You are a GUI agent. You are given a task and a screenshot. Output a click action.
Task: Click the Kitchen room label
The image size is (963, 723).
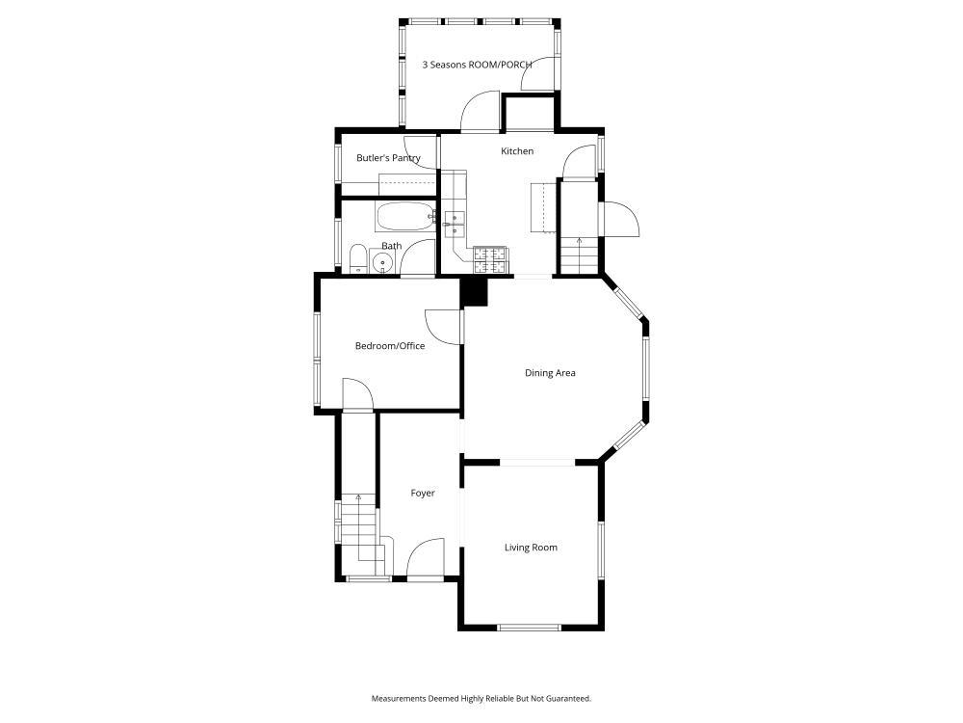[x=517, y=151]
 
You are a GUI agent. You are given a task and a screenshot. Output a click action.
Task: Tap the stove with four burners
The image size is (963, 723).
[x=491, y=258]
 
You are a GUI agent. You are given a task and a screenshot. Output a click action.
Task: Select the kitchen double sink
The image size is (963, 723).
[x=454, y=226]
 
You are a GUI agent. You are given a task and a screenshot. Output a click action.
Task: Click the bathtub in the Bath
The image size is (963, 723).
[x=403, y=216]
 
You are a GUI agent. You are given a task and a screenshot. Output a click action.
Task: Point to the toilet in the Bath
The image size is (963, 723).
[x=357, y=258]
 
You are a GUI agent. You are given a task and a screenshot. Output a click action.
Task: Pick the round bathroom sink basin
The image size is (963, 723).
[x=383, y=263]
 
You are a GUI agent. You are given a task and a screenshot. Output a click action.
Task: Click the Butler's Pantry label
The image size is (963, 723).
[x=388, y=158]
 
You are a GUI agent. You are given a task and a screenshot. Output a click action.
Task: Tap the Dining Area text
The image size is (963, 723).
[x=550, y=373]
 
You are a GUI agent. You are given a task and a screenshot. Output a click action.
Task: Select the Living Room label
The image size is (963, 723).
[x=531, y=548]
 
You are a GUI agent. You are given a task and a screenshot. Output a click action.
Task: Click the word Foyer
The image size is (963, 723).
[x=423, y=494]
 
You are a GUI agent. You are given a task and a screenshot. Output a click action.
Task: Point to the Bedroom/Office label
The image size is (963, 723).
[x=390, y=346]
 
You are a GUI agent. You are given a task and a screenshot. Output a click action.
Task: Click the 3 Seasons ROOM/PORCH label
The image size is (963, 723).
[x=478, y=66]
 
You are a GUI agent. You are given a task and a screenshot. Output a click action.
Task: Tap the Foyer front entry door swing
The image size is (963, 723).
[x=424, y=559]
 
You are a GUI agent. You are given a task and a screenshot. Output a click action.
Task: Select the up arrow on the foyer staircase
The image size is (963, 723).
[x=359, y=498]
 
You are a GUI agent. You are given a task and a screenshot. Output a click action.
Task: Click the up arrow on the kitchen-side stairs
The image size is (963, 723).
[x=579, y=240]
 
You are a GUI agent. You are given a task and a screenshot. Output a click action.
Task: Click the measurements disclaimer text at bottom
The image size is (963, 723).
[x=481, y=698]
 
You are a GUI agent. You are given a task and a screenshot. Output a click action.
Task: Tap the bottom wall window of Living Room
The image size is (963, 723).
[x=530, y=628]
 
